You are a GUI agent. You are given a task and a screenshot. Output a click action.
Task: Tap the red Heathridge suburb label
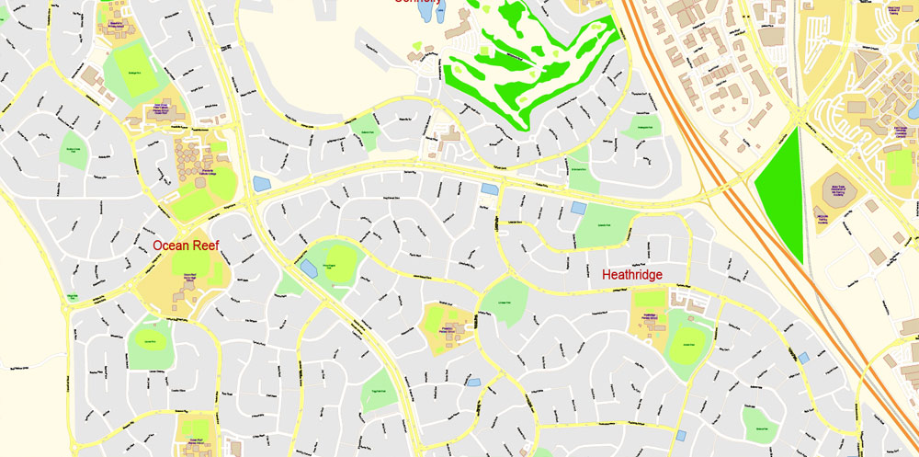pyautogui.click(x=632, y=274)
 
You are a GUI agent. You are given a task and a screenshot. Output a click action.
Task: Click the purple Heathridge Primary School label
pyautogui.click(x=652, y=316)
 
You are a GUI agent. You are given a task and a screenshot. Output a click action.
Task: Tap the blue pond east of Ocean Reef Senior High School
pyautogui.click(x=307, y=267)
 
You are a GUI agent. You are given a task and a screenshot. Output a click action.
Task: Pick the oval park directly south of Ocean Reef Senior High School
pyautogui.click(x=148, y=342)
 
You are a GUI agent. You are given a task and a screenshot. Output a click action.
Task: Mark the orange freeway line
pyautogui.click(x=698, y=120)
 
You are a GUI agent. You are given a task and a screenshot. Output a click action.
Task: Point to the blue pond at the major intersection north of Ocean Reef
pyautogui.click(x=261, y=184)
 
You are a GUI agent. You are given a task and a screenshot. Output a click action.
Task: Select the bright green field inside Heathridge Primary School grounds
pyautogui.click(x=649, y=298)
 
